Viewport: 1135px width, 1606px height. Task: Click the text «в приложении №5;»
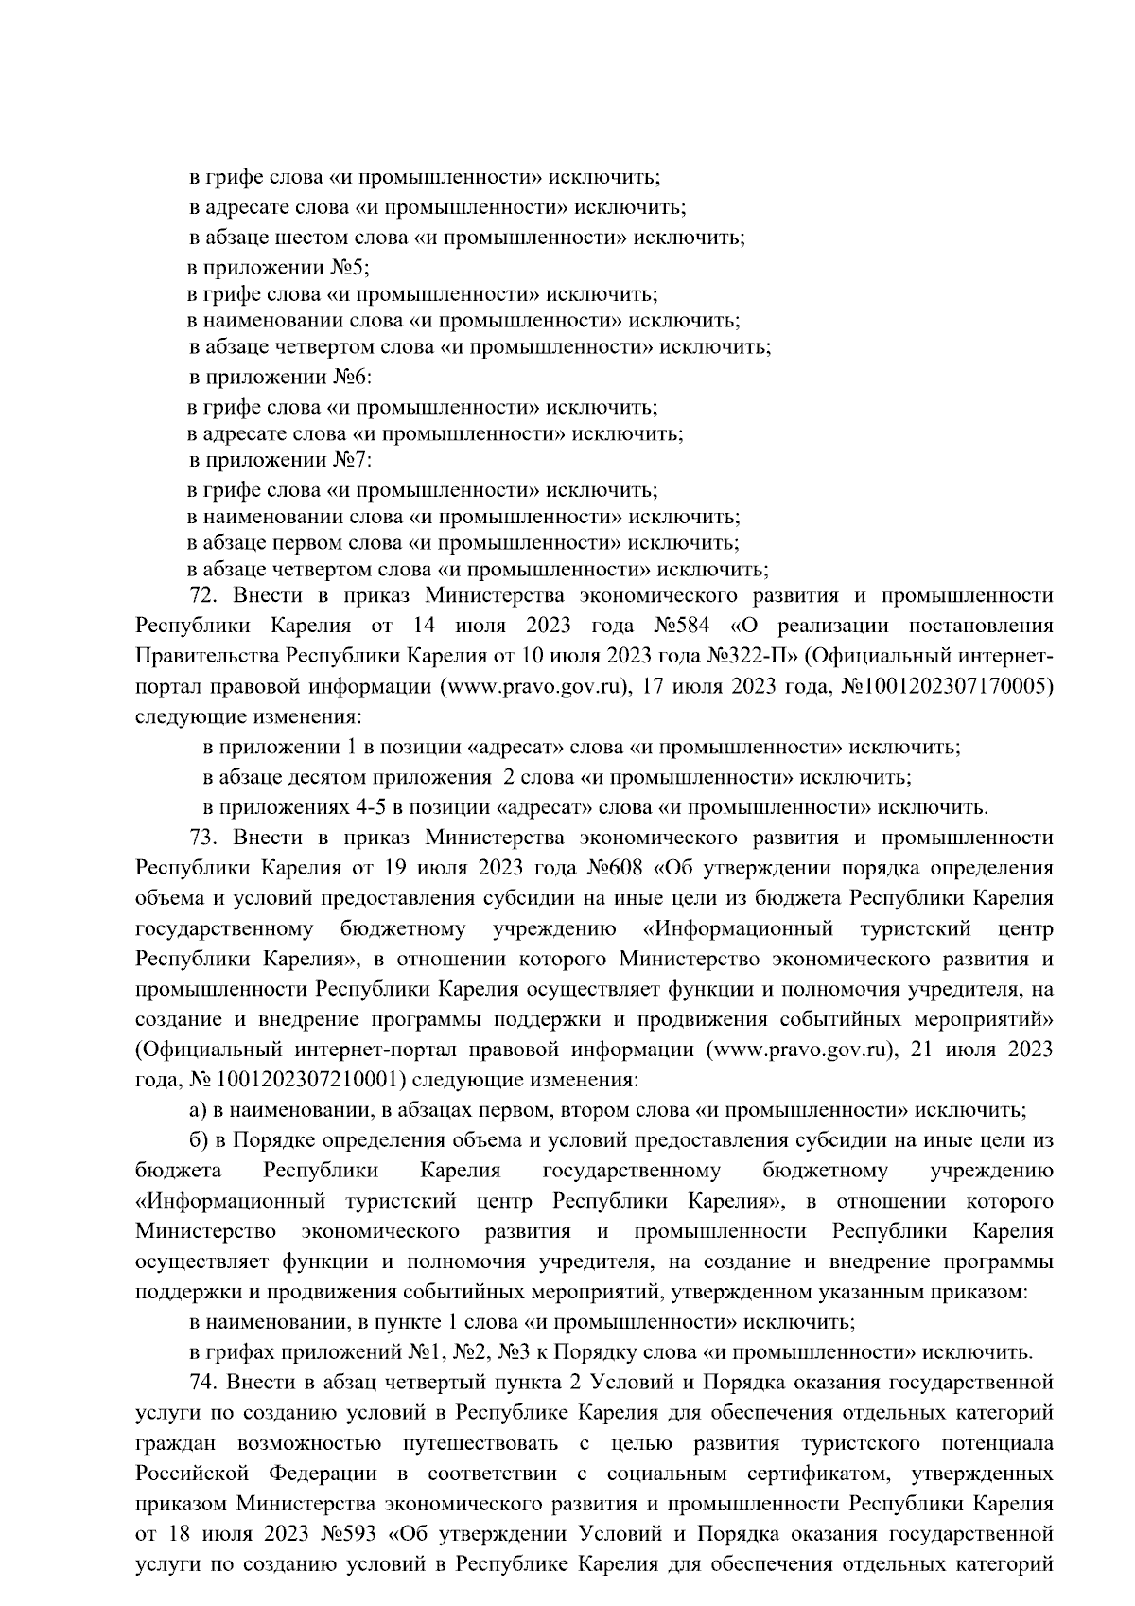click(x=279, y=268)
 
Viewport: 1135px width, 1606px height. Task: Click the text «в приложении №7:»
click(x=281, y=461)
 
